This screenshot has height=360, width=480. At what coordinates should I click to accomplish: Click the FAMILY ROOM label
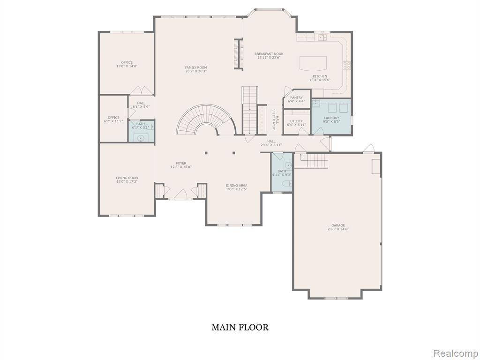click(x=195, y=67)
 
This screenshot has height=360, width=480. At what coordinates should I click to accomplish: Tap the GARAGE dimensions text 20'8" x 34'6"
click(x=338, y=229)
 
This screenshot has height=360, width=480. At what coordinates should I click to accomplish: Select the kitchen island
click(x=313, y=63)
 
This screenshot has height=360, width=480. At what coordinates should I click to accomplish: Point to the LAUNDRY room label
click(x=331, y=118)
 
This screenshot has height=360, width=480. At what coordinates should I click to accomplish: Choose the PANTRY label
click(x=296, y=97)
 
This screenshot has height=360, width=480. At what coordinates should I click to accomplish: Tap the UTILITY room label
click(x=296, y=121)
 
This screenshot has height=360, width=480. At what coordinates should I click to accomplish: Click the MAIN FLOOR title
click(x=240, y=327)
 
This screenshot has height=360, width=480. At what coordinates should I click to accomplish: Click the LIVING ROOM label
click(x=127, y=178)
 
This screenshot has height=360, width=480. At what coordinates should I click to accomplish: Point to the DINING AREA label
click(x=237, y=185)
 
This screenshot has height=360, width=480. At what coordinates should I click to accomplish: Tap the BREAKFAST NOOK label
click(x=270, y=54)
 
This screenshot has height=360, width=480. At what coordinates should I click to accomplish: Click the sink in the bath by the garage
click(x=287, y=165)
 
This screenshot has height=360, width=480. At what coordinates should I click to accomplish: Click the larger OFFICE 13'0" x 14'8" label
click(x=127, y=62)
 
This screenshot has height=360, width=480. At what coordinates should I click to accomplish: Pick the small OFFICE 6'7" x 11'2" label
click(x=113, y=118)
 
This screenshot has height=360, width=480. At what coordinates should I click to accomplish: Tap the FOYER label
click(x=181, y=163)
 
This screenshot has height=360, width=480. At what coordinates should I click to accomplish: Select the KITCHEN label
click(x=320, y=76)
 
